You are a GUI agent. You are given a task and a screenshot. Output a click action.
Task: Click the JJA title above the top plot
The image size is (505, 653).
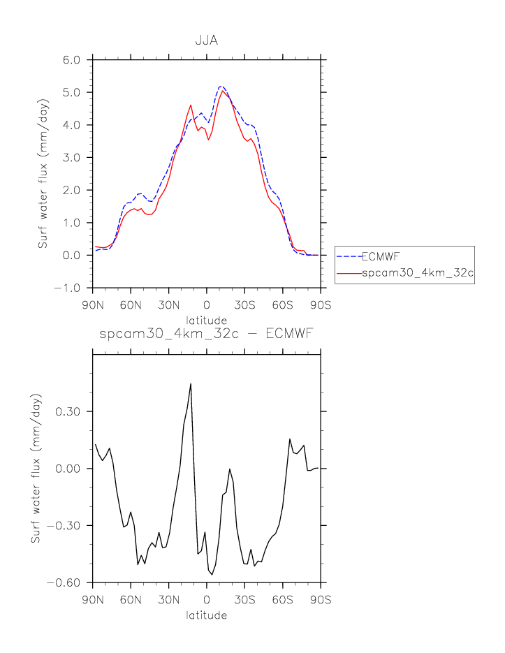(x=206, y=40)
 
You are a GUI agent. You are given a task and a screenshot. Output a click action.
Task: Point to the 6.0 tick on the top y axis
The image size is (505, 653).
(x=71, y=59)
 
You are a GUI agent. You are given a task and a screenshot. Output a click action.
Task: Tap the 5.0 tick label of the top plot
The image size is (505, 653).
(x=71, y=92)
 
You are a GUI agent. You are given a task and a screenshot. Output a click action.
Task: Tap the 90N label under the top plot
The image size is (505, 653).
(x=93, y=305)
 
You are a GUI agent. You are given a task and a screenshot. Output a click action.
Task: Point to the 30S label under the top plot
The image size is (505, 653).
(x=244, y=305)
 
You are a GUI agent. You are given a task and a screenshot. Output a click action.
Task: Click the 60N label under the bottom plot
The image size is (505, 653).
(x=131, y=599)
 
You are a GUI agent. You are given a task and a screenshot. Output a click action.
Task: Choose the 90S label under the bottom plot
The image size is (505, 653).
(x=321, y=599)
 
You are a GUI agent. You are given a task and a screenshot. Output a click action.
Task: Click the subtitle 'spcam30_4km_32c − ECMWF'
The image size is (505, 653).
(x=206, y=335)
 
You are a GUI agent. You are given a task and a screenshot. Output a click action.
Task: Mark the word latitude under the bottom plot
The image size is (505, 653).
(x=206, y=615)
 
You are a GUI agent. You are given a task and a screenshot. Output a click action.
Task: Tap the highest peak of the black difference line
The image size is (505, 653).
(x=190, y=383)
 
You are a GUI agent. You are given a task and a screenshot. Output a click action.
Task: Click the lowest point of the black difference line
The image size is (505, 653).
(x=213, y=574)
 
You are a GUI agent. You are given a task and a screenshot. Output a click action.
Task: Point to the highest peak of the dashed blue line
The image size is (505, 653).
(x=221, y=87)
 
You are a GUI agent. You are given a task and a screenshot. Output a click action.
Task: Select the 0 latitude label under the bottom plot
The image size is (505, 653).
(x=206, y=599)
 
